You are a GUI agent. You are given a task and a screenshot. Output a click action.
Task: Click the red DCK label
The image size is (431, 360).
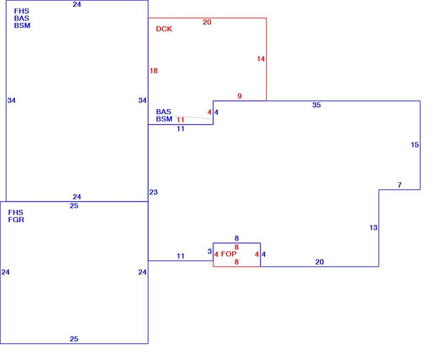click(164, 29)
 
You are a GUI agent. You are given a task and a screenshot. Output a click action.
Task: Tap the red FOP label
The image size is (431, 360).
click(229, 254)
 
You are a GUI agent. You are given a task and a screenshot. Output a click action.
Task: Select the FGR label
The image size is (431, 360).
click(16, 220)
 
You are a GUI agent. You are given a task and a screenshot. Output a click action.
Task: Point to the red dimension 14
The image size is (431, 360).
click(261, 59)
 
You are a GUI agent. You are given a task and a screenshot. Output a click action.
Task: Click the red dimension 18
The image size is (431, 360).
click(154, 71)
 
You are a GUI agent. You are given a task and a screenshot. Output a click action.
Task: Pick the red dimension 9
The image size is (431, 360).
click(240, 96)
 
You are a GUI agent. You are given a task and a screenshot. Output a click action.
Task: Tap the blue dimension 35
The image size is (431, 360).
click(316, 105)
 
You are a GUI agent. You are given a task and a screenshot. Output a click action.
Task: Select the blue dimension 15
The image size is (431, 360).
click(415, 145)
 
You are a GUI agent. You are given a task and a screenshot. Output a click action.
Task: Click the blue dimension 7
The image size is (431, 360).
click(399, 185)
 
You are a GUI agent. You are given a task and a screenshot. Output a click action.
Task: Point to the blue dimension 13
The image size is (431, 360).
click(373, 228)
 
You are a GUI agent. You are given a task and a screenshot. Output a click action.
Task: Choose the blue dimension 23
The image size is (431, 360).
click(153, 192)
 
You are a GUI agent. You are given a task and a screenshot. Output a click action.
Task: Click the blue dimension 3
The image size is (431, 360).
click(210, 251)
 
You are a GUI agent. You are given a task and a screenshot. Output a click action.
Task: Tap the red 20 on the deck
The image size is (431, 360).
click(207, 22)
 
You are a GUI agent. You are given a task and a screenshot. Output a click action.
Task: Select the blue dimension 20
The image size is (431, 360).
click(319, 262)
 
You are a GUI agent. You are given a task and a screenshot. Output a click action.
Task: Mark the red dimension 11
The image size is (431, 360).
click(180, 120)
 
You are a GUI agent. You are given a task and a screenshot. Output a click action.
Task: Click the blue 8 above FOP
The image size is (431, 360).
click(237, 238)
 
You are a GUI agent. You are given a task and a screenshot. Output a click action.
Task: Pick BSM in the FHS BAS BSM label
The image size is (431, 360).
click(22, 25)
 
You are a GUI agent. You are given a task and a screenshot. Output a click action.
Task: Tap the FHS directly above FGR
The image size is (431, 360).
click(16, 212)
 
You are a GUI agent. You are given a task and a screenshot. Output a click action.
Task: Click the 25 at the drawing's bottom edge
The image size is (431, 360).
click(74, 339)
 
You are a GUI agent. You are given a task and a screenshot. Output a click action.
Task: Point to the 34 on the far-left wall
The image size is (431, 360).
click(11, 100)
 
